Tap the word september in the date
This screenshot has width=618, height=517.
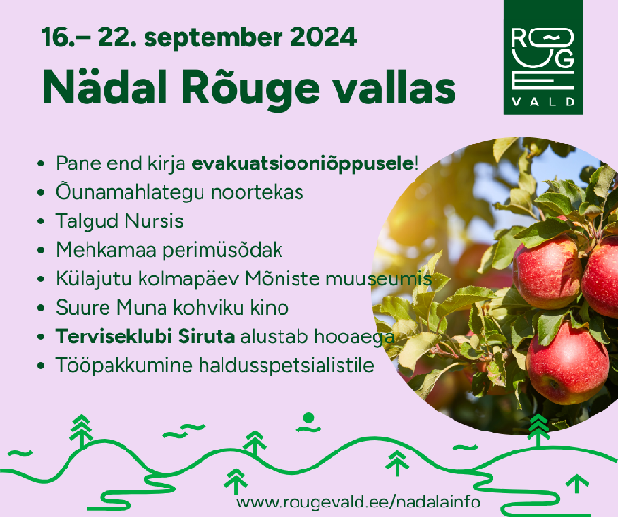[213, 39]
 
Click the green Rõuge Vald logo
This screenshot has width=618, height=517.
[543, 58]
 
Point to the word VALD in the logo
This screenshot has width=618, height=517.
[544, 102]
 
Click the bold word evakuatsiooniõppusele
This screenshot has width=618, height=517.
[302, 163]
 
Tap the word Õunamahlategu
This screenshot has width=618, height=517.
[129, 192]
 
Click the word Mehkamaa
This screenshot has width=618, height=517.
[106, 250]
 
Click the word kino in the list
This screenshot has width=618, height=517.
[270, 307]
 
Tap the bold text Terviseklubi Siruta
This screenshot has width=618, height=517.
[145, 336]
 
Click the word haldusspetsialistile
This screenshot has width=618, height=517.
[286, 365]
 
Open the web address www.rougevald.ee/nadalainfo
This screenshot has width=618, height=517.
[358, 503]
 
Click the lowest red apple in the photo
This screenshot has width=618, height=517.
[568, 363]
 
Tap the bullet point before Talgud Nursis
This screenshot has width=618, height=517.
[40, 221]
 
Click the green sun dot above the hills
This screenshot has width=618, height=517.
[308, 418]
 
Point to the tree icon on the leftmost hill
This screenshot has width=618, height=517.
[81, 431]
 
